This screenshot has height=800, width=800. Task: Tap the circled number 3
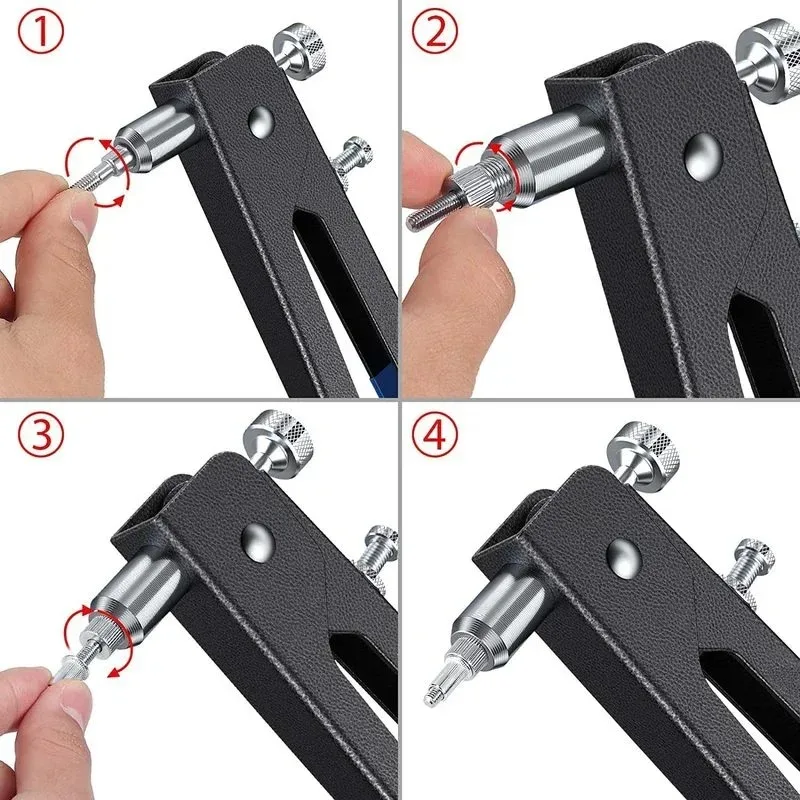click(x=41, y=434)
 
